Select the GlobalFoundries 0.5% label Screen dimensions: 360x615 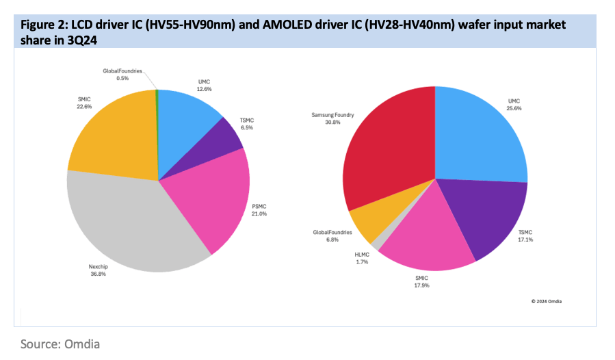click(x=122, y=75)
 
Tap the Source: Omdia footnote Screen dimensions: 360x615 click(x=60, y=344)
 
